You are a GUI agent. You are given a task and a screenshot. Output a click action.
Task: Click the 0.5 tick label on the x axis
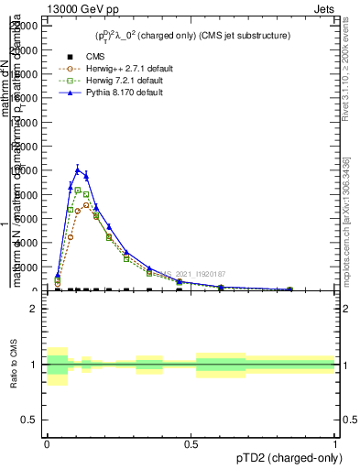(191, 442)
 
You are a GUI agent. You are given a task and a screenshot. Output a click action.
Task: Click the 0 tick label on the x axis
(47, 442)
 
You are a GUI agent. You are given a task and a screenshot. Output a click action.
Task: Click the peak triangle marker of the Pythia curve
(78, 169)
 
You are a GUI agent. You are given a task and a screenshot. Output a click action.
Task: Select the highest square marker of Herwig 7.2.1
(78, 190)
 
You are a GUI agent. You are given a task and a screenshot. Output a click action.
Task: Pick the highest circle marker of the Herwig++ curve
(86, 204)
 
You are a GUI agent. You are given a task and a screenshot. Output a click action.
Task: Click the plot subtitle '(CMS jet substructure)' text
(239, 36)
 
